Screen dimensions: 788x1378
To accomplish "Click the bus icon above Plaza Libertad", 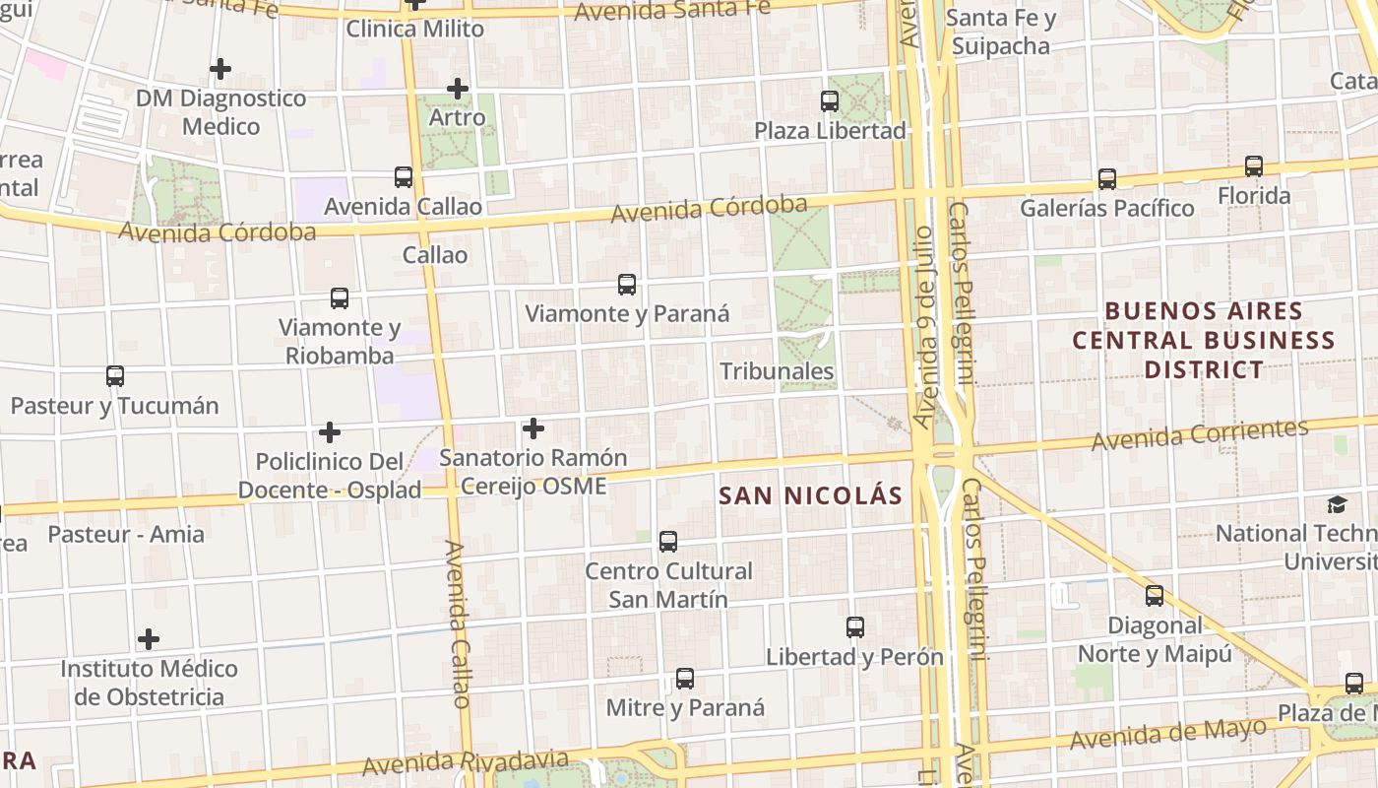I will (830, 100).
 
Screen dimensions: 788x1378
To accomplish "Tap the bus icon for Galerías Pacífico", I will (1107, 179).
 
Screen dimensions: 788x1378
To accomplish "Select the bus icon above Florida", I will (1254, 166).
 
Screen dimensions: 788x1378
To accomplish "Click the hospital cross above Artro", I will (458, 89).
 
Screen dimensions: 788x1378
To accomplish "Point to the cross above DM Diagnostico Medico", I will (220, 69).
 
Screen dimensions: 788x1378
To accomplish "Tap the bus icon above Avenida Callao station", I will (404, 177).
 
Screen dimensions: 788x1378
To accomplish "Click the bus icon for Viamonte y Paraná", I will (627, 285).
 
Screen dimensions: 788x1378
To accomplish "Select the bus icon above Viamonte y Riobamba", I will (340, 298).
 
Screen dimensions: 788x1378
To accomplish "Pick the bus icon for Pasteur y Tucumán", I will (115, 376).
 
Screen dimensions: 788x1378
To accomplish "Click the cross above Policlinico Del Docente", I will (330, 432).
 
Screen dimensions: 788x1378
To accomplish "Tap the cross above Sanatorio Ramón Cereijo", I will (533, 428).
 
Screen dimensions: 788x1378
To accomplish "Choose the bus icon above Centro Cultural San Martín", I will (668, 542).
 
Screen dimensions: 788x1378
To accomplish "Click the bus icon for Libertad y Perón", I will (855, 627).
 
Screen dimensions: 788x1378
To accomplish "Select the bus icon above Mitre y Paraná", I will (685, 679).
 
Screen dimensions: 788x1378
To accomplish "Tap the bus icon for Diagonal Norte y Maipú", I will (1155, 596).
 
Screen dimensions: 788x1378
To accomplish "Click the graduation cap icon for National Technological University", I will (1337, 505).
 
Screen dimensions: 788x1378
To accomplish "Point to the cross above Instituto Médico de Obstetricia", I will (149, 639).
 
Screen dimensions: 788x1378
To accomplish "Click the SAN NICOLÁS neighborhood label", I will (810, 495).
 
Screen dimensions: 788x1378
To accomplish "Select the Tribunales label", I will (777, 371).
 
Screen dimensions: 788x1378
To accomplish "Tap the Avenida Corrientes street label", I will (1200, 434).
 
